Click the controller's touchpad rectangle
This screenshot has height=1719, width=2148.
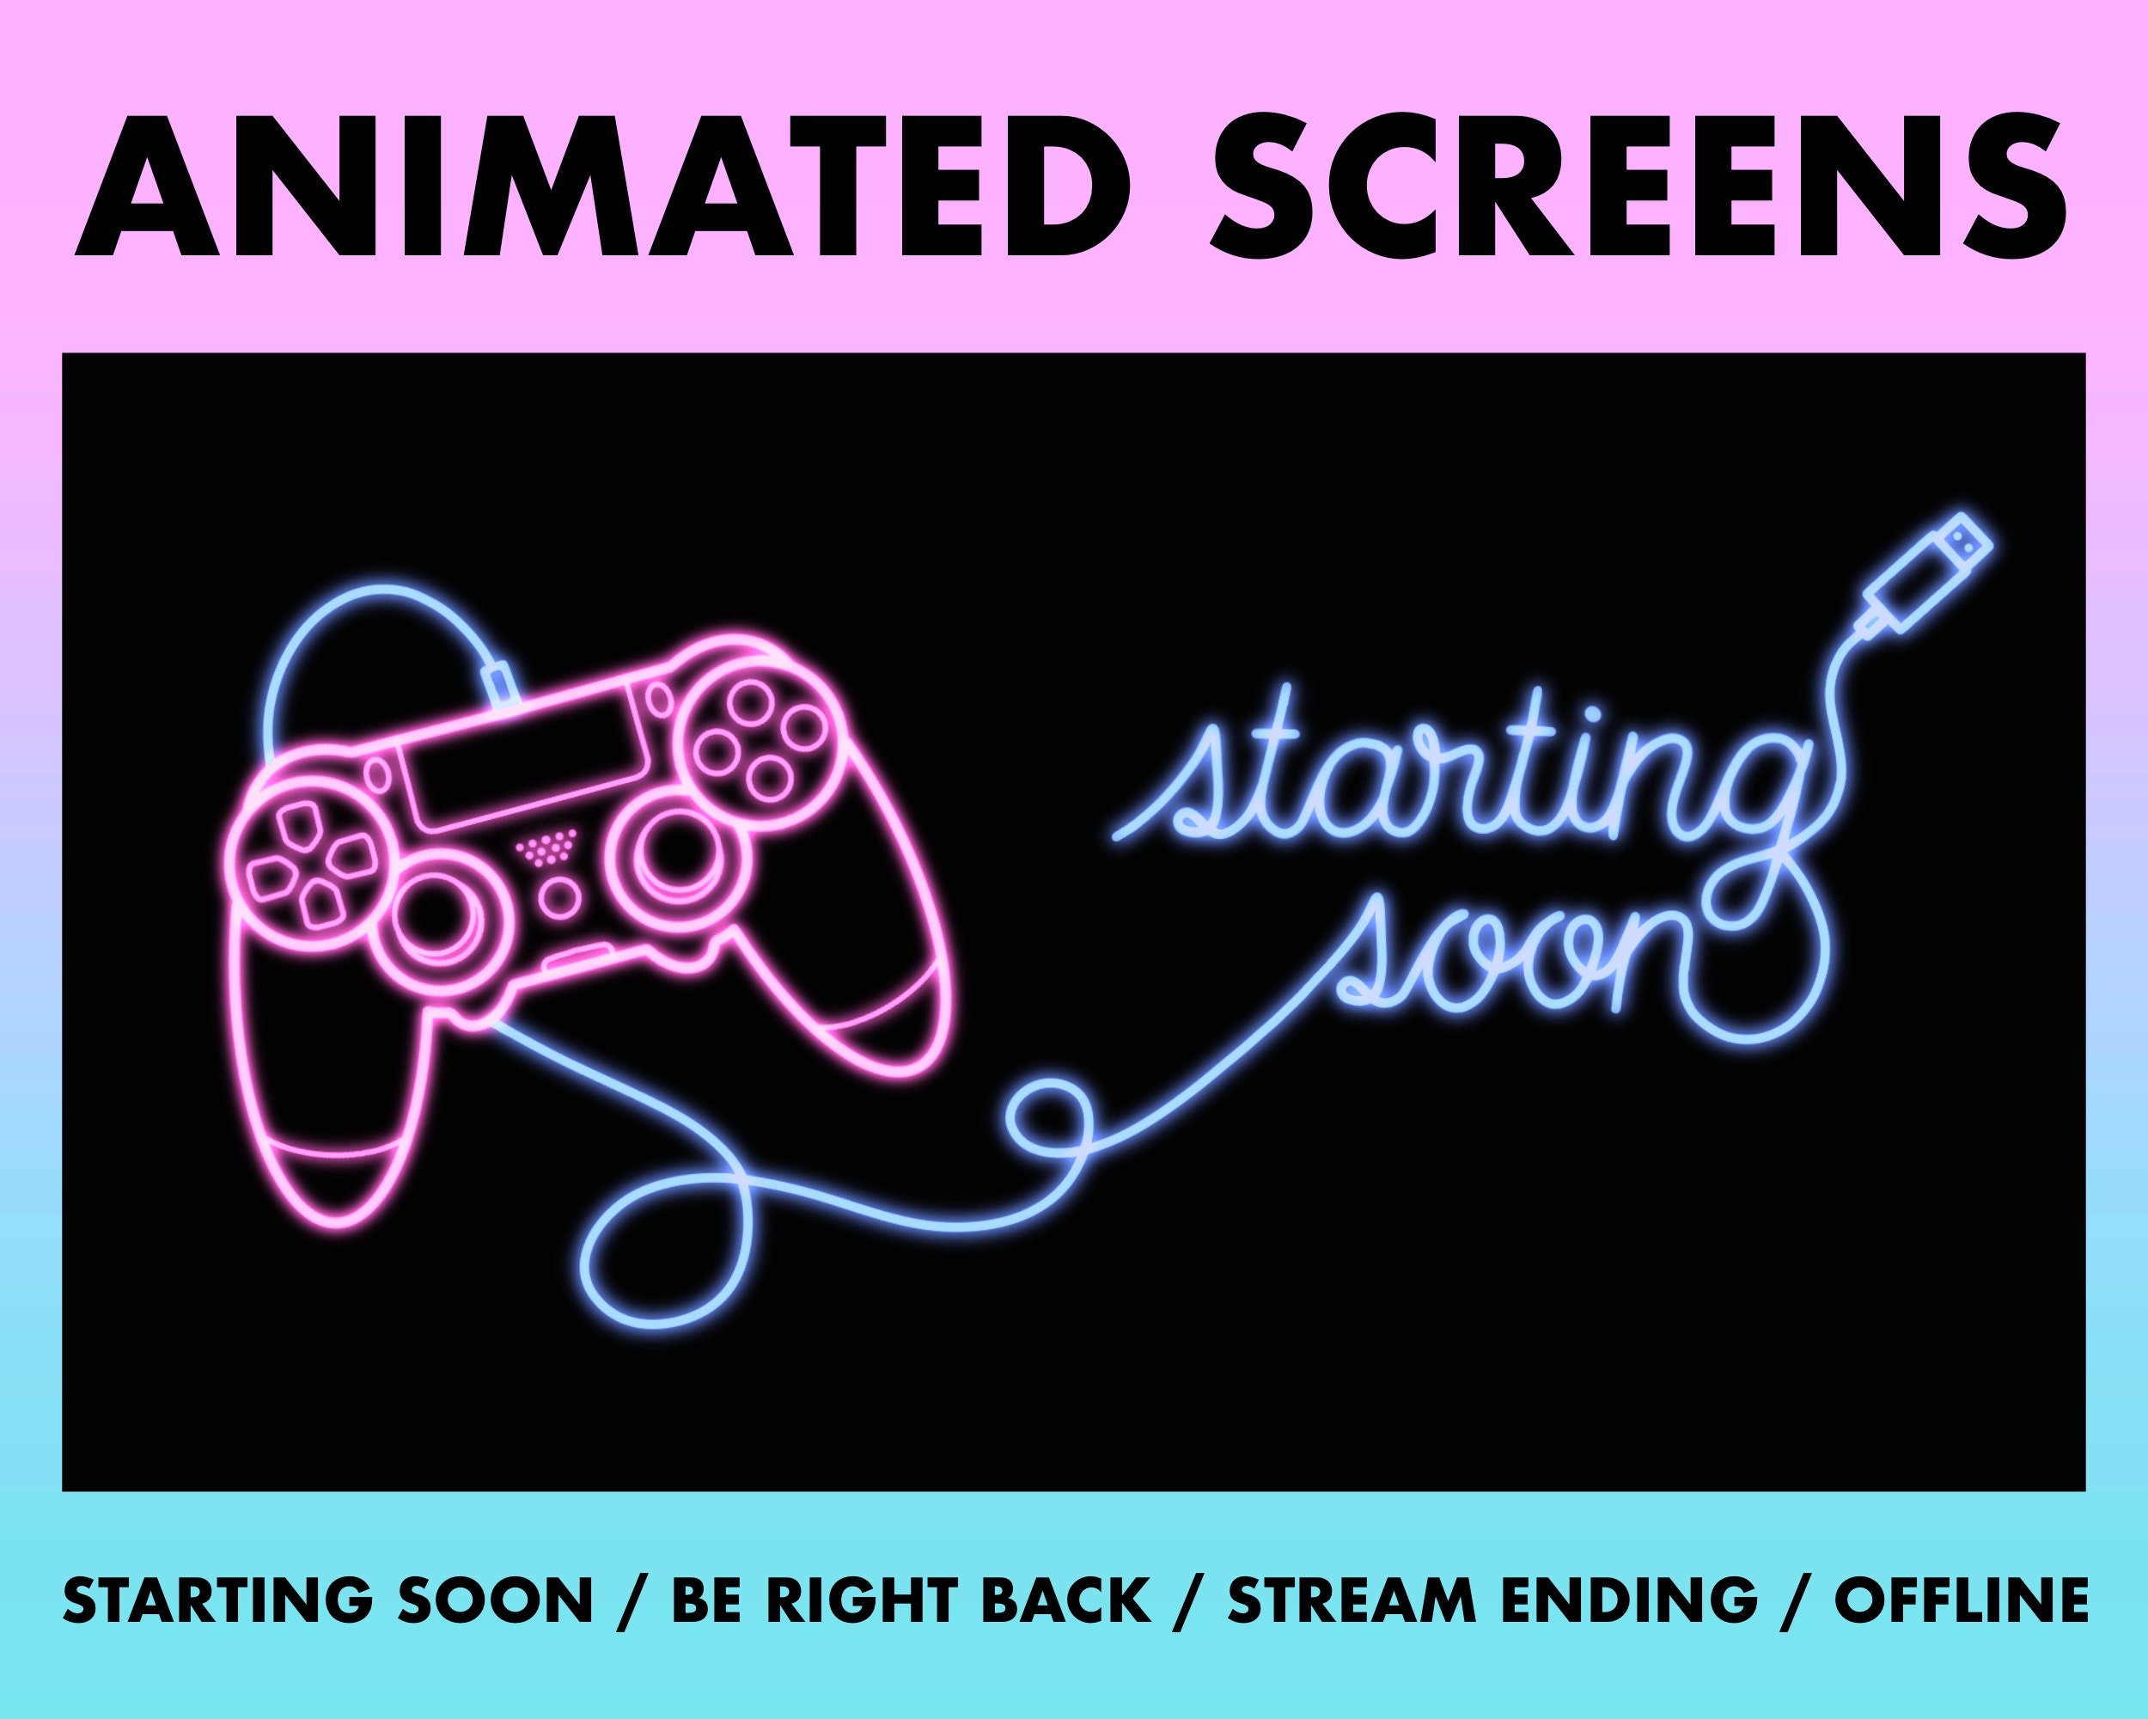528,763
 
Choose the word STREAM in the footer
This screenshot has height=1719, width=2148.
1351,1601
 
